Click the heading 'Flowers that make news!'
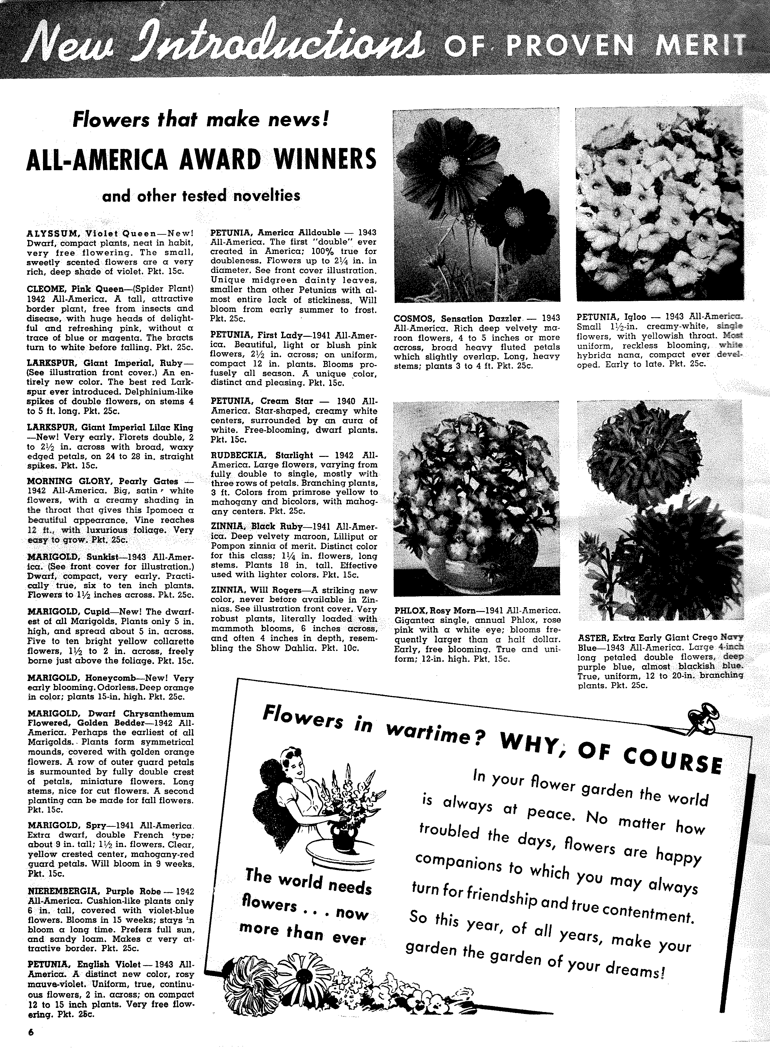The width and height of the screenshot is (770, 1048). pyautogui.click(x=201, y=120)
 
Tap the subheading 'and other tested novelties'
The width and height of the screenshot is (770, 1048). pyautogui.click(x=201, y=196)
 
